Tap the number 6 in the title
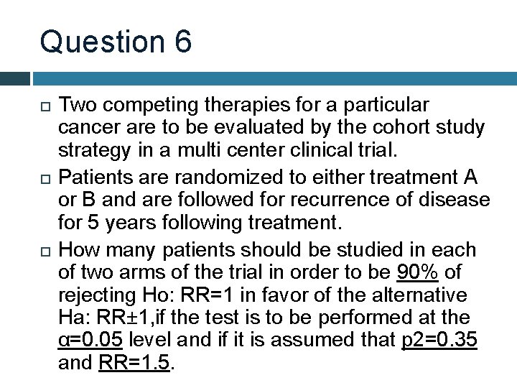click(182, 42)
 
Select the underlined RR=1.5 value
click(134, 363)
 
